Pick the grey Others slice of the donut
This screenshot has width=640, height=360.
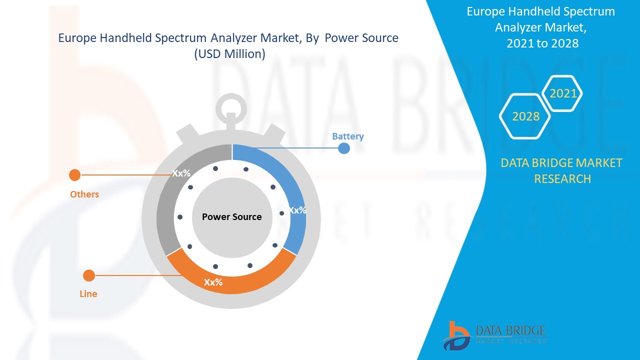(167, 210)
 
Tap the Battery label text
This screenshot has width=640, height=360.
(348, 136)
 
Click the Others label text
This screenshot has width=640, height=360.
(84, 194)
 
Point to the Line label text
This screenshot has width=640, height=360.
(88, 294)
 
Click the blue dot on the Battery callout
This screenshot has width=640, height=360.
(344, 148)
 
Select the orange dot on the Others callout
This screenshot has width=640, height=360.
(74, 175)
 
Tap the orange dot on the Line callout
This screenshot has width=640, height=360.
(89, 275)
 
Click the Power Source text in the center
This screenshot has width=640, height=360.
(232, 217)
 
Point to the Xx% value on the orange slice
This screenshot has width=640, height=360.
(213, 282)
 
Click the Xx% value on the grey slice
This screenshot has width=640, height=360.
(181, 173)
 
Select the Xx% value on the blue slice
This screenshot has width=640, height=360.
(298, 210)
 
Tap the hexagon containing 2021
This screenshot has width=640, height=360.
(563, 93)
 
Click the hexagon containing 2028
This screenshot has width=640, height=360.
(525, 116)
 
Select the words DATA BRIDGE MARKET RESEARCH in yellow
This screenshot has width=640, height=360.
(562, 170)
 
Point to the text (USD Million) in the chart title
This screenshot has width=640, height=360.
(229, 54)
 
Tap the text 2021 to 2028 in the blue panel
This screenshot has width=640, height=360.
(542, 43)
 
